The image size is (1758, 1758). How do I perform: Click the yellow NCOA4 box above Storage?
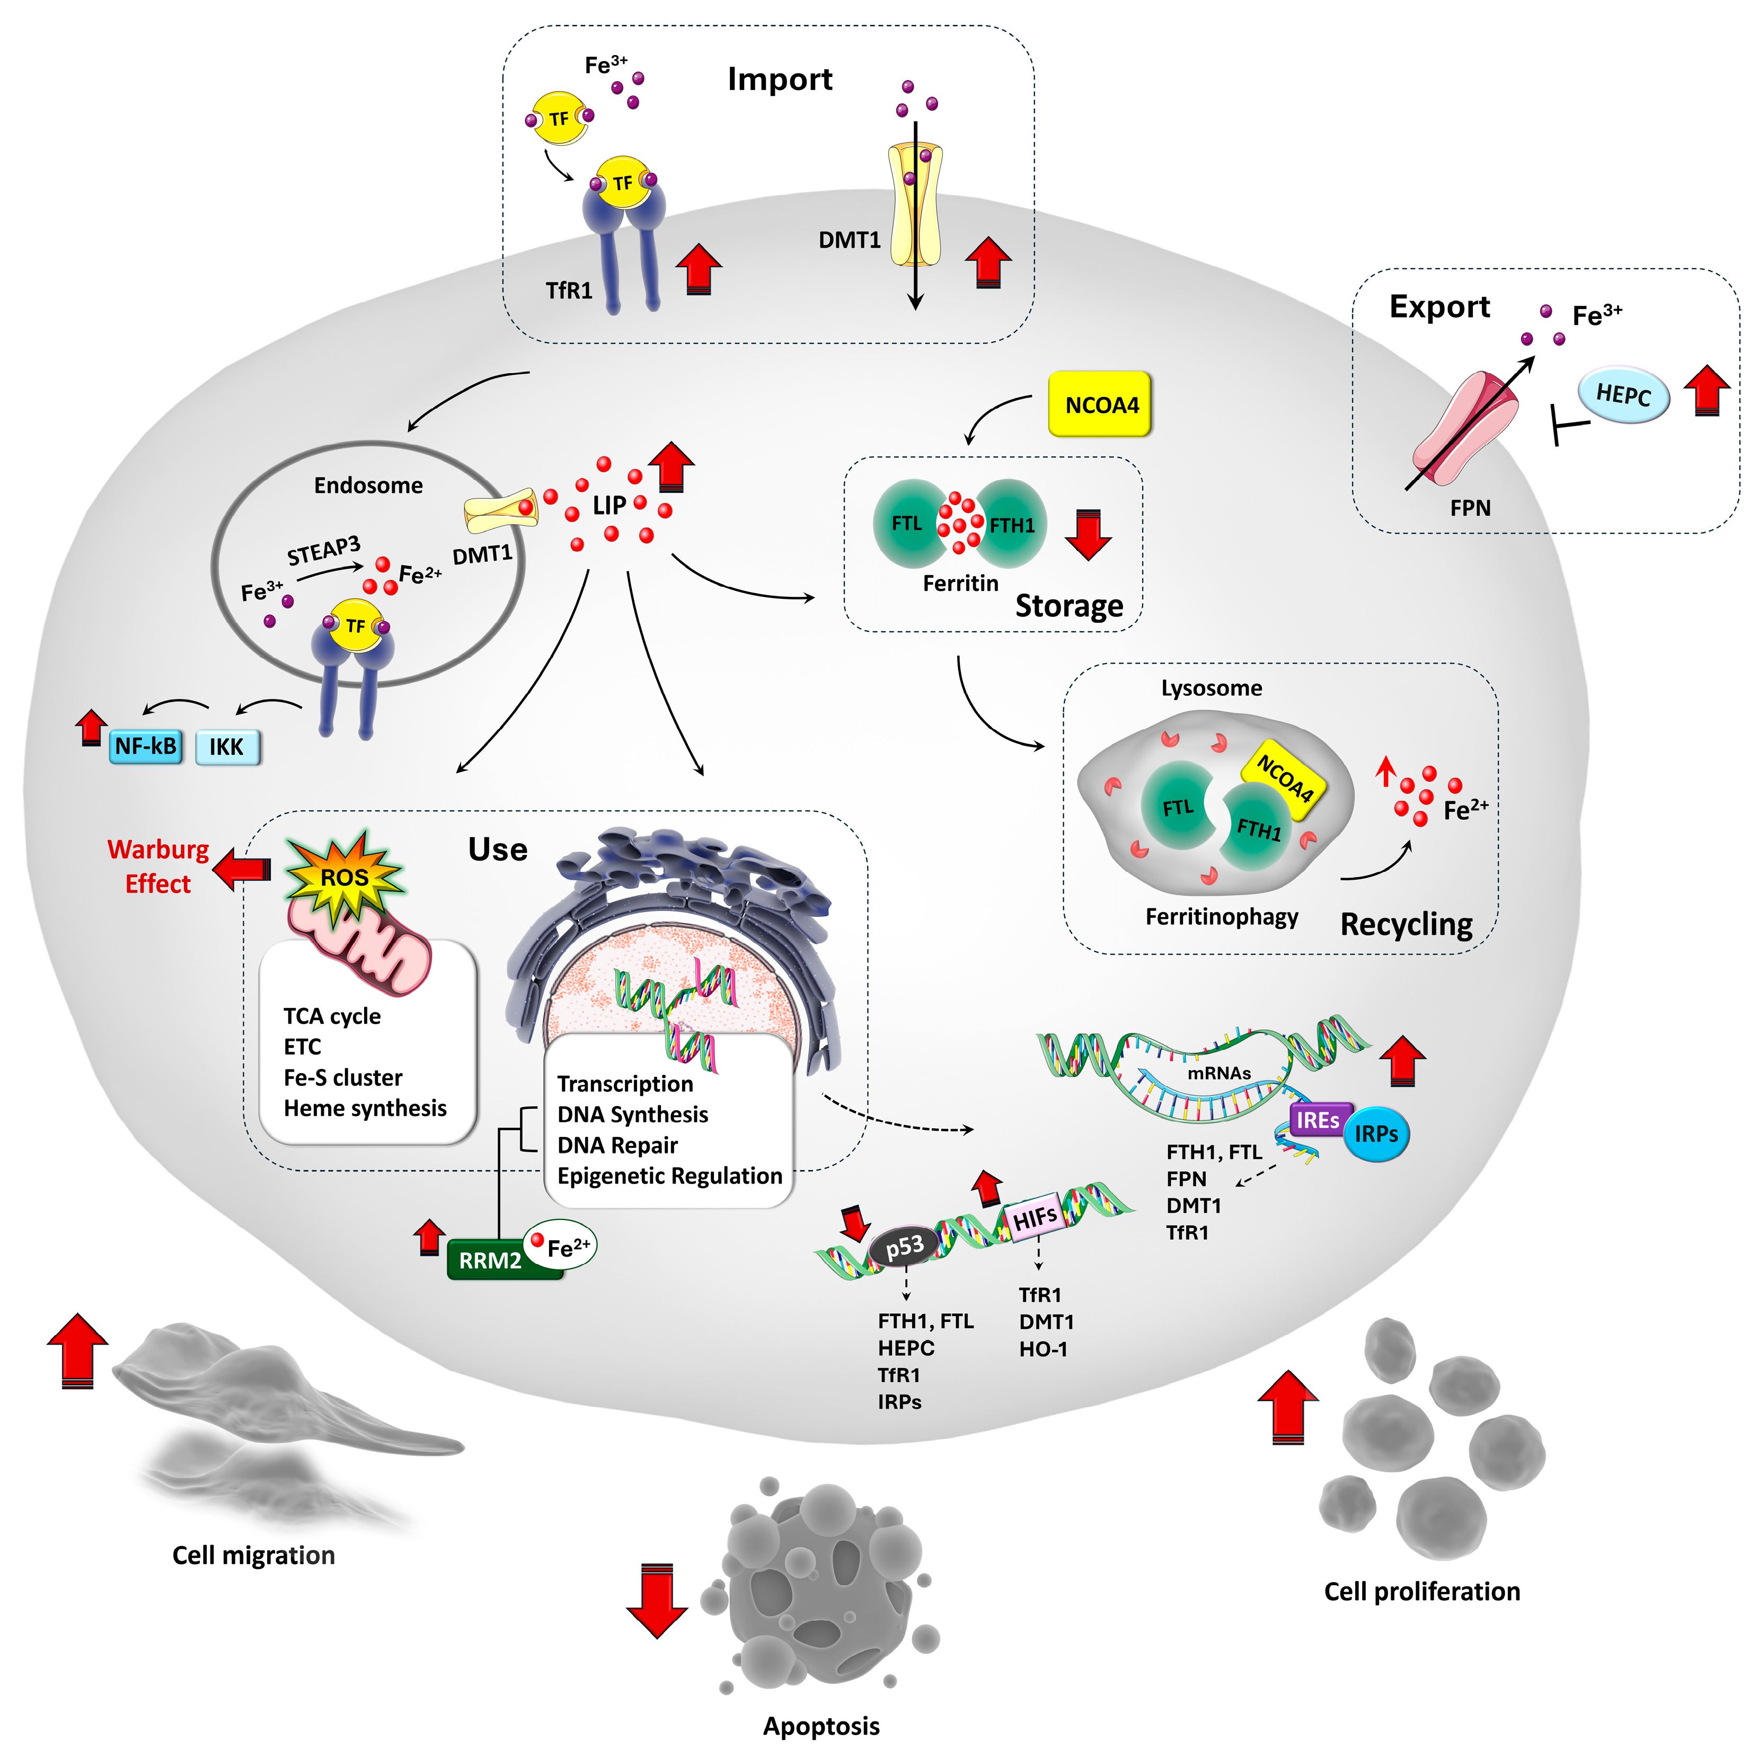tap(1100, 405)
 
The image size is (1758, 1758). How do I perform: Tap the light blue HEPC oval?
tap(1623, 395)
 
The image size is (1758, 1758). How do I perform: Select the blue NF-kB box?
tap(146, 747)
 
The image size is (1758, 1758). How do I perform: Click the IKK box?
tap(227, 747)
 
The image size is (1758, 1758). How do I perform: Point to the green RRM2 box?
tap(491, 1260)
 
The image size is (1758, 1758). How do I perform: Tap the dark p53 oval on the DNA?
tap(905, 1247)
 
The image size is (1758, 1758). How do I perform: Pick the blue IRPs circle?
tap(1376, 1134)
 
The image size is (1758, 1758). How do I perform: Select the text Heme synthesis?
tap(365, 1108)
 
